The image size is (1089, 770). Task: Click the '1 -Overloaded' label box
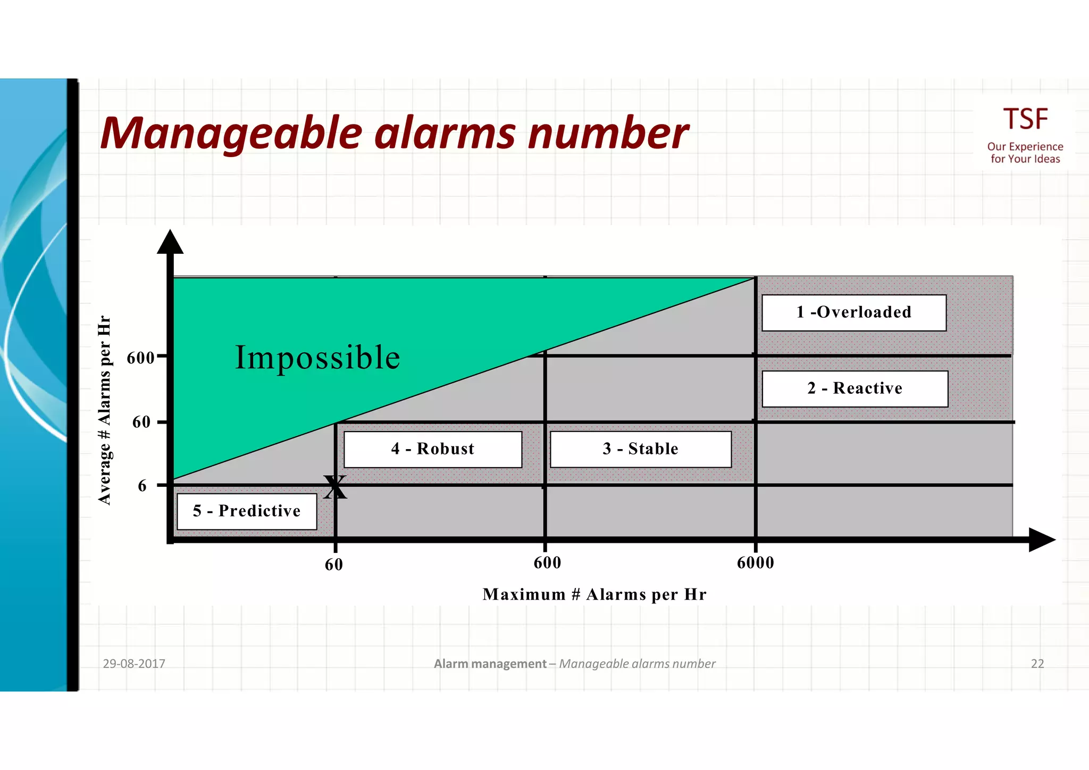pyautogui.click(x=853, y=312)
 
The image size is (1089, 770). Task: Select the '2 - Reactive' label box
pyautogui.click(x=855, y=388)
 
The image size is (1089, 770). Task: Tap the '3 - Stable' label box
pyautogui.click(x=640, y=449)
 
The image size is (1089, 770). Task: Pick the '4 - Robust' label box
pyautogui.click(x=432, y=449)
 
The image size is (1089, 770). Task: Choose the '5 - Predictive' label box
pyautogui.click(x=247, y=511)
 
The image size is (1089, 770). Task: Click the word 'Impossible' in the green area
pyautogui.click(x=317, y=357)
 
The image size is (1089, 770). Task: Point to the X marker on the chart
pyautogui.click(x=335, y=487)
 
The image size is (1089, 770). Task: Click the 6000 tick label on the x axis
pyautogui.click(x=755, y=563)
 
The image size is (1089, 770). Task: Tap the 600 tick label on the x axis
pyautogui.click(x=547, y=563)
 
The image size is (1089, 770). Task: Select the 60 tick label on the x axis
pyautogui.click(x=334, y=565)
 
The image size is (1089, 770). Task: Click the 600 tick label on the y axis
pyautogui.click(x=140, y=358)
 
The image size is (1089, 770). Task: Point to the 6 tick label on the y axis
pyautogui.click(x=142, y=486)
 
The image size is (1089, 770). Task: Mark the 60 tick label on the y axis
pyautogui.click(x=141, y=423)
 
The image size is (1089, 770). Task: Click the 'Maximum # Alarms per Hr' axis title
pyautogui.click(x=594, y=594)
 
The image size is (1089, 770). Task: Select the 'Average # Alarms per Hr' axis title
pyautogui.click(x=105, y=410)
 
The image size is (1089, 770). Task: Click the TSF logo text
pyautogui.click(x=1025, y=119)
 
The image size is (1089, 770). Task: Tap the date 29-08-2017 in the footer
pyautogui.click(x=134, y=664)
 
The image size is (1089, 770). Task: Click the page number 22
pyautogui.click(x=1037, y=664)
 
